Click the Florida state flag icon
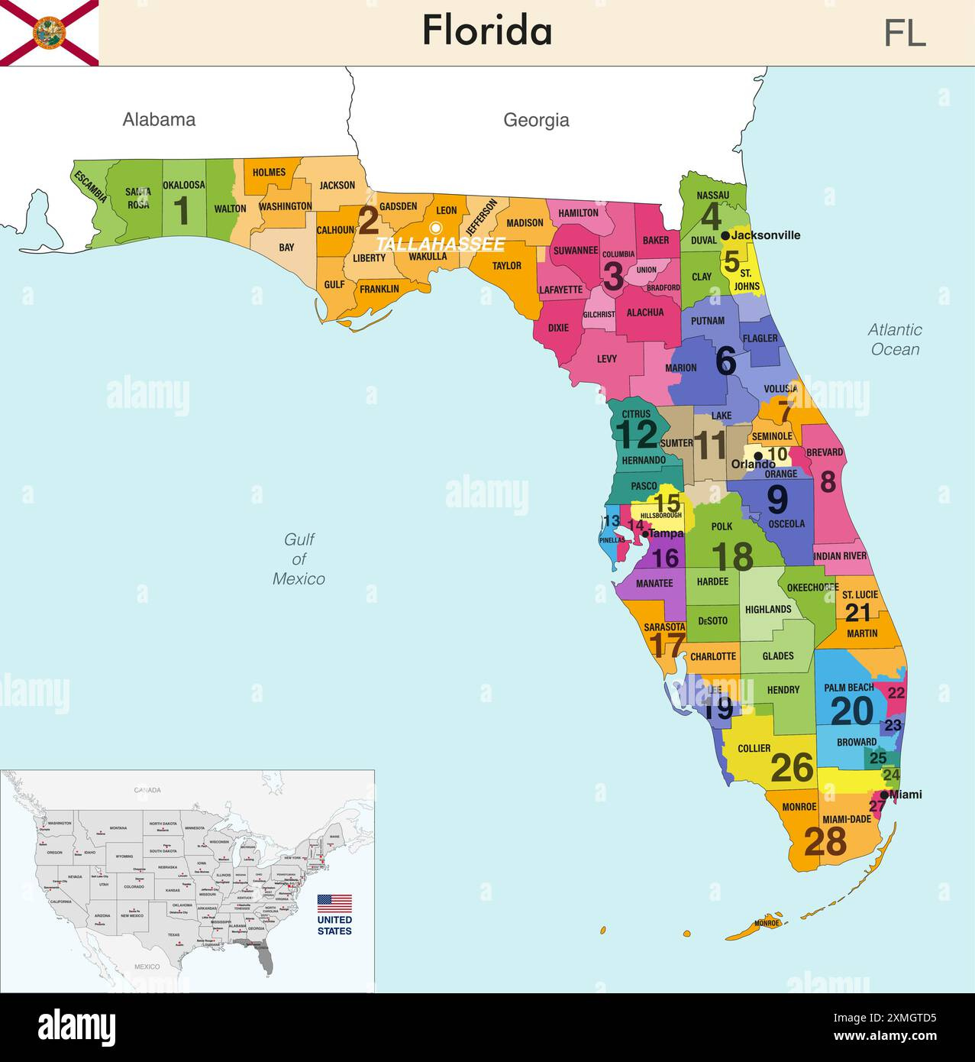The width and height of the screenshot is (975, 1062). coord(49,33)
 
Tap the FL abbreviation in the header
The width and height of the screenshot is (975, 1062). coord(905,33)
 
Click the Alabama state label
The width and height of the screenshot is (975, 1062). coord(159,119)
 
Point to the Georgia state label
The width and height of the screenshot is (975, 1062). coord(536,120)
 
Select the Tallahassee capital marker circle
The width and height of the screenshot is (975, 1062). coord(435,227)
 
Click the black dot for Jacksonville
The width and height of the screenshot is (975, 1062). coord(725,235)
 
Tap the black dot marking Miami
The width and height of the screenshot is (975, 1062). coord(884,795)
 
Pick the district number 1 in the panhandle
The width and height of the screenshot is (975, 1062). coord(181,211)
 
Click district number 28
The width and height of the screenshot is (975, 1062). coord(825,841)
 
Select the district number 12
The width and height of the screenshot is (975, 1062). coord(637,435)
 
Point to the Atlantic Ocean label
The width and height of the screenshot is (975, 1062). coord(895,339)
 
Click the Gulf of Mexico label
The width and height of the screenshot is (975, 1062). coord(299,559)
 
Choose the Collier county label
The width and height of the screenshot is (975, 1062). coord(754,748)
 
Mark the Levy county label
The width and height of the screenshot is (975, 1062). coord(607,358)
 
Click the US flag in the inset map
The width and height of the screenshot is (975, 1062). coord(334,903)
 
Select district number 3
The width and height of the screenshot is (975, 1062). coord(612,277)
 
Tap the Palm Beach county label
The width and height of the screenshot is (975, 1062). coord(849,688)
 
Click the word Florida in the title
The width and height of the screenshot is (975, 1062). coord(487,31)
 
